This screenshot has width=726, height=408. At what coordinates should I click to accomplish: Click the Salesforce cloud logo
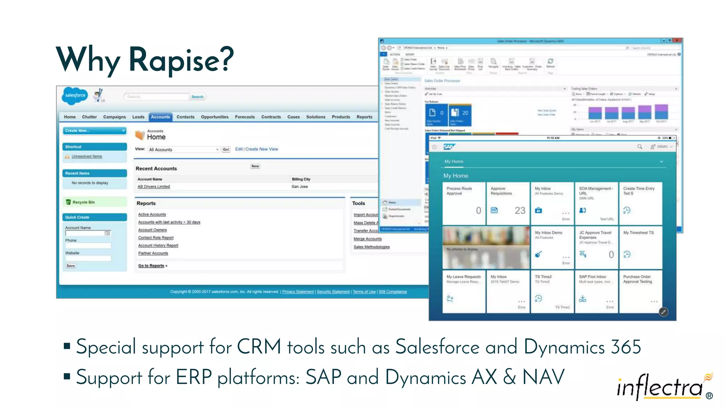click(75, 95)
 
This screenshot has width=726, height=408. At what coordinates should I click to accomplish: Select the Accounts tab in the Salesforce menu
click(160, 117)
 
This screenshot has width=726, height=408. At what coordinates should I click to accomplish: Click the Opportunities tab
click(214, 117)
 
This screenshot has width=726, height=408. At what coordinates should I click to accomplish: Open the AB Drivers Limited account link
click(153, 187)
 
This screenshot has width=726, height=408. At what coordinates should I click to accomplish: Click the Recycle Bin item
click(84, 202)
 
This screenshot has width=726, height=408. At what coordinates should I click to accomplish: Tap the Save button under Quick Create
click(71, 266)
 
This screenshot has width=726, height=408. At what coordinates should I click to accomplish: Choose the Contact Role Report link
click(156, 238)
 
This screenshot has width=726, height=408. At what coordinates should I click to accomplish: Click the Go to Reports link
click(151, 266)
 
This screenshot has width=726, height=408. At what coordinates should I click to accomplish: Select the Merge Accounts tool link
click(367, 239)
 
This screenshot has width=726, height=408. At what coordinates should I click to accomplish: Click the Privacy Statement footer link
click(298, 292)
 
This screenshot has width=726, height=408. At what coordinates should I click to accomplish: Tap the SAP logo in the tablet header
click(448, 147)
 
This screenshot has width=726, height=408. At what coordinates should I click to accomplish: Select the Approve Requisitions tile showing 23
click(508, 203)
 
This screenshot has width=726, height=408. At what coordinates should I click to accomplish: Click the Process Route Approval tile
click(464, 203)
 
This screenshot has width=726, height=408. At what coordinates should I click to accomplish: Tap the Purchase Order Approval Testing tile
click(640, 291)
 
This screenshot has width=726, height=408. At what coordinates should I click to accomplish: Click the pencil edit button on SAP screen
click(663, 312)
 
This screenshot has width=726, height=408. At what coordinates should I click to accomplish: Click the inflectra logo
click(661, 387)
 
